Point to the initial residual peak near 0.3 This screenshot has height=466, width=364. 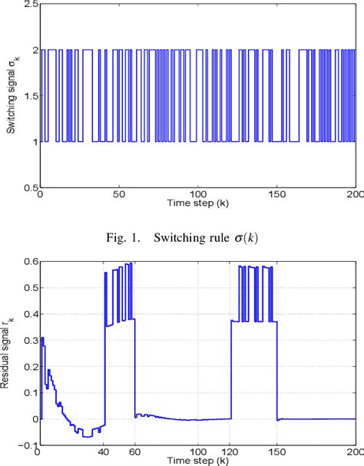[x=43, y=339]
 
